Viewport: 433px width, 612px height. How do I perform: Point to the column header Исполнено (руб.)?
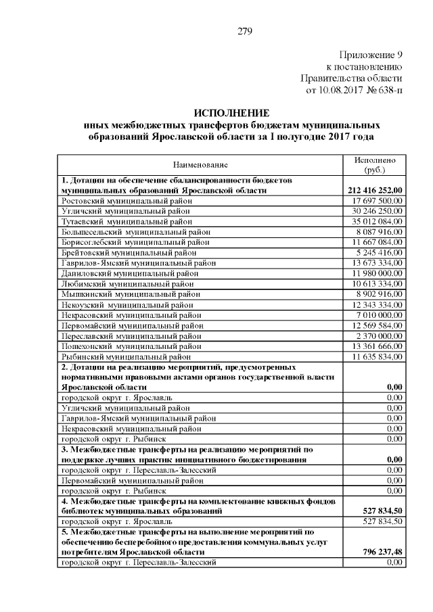pos(375,164)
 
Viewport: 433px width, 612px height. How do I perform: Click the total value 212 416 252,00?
pos(374,191)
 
